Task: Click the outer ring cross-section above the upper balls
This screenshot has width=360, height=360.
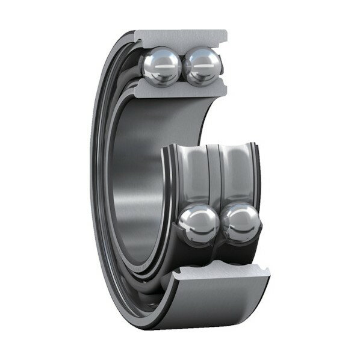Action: tap(181, 37)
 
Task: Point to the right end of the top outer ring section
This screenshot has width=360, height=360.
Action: tap(224, 37)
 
